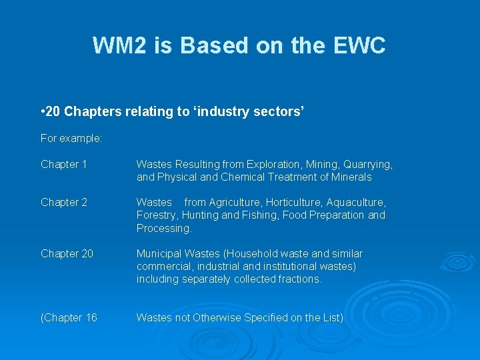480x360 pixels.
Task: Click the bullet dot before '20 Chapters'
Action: click(43, 112)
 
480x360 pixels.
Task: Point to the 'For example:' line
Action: click(71, 139)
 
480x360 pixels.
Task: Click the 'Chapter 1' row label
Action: click(64, 164)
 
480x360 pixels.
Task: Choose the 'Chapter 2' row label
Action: click(64, 202)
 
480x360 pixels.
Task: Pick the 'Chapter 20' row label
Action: click(67, 254)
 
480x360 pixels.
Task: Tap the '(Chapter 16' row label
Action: click(69, 318)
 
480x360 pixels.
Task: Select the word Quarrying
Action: click(369, 164)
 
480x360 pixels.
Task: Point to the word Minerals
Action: click(351, 177)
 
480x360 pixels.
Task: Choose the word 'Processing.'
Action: click(164, 228)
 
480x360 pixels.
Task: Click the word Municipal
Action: click(159, 254)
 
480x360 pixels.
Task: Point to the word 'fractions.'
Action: click(298, 279)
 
